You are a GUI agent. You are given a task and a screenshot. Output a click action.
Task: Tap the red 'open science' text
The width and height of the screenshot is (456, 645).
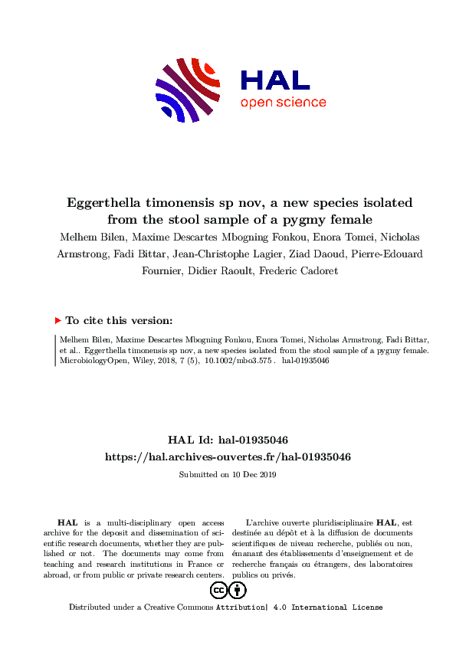click(283, 103)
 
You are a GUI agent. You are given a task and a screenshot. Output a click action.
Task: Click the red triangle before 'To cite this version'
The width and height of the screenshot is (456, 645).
click(57, 321)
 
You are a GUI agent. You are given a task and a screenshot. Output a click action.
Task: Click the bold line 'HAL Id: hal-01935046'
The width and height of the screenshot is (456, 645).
click(228, 440)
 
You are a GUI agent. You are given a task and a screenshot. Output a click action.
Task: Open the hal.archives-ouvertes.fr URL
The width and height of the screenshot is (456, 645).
click(228, 457)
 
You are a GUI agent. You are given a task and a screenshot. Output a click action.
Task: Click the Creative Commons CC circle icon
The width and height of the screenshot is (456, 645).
click(218, 590)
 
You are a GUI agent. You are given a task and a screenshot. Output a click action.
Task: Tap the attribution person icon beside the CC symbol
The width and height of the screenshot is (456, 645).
click(238, 590)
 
